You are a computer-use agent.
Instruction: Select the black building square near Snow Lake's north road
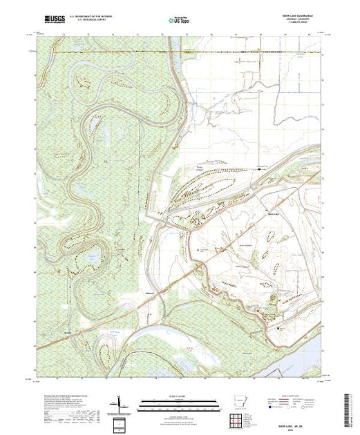coord(259,168)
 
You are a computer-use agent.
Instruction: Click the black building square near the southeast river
coord(279,329)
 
